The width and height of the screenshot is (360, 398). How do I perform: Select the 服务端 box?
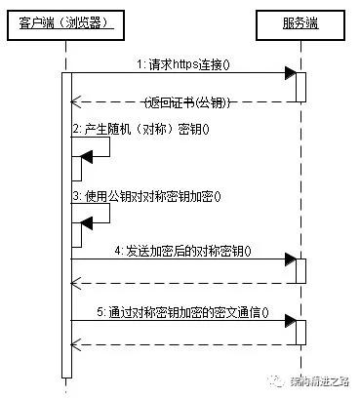click(x=300, y=21)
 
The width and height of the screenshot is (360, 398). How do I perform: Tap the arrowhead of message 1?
click(x=290, y=73)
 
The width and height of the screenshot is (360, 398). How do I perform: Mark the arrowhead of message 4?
click(x=290, y=260)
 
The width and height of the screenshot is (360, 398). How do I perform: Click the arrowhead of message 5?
click(x=290, y=322)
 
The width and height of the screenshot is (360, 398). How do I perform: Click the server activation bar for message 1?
click(x=300, y=86)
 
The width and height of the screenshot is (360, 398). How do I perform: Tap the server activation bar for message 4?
click(x=300, y=271)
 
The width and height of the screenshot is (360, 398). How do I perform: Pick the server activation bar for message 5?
click(x=300, y=333)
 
